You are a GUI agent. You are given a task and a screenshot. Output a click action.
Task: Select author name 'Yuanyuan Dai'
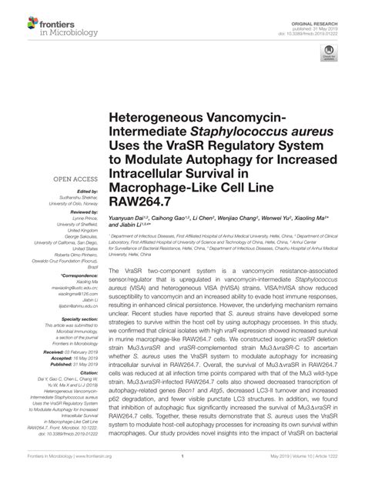pyautogui.click(x=132, y=218)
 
